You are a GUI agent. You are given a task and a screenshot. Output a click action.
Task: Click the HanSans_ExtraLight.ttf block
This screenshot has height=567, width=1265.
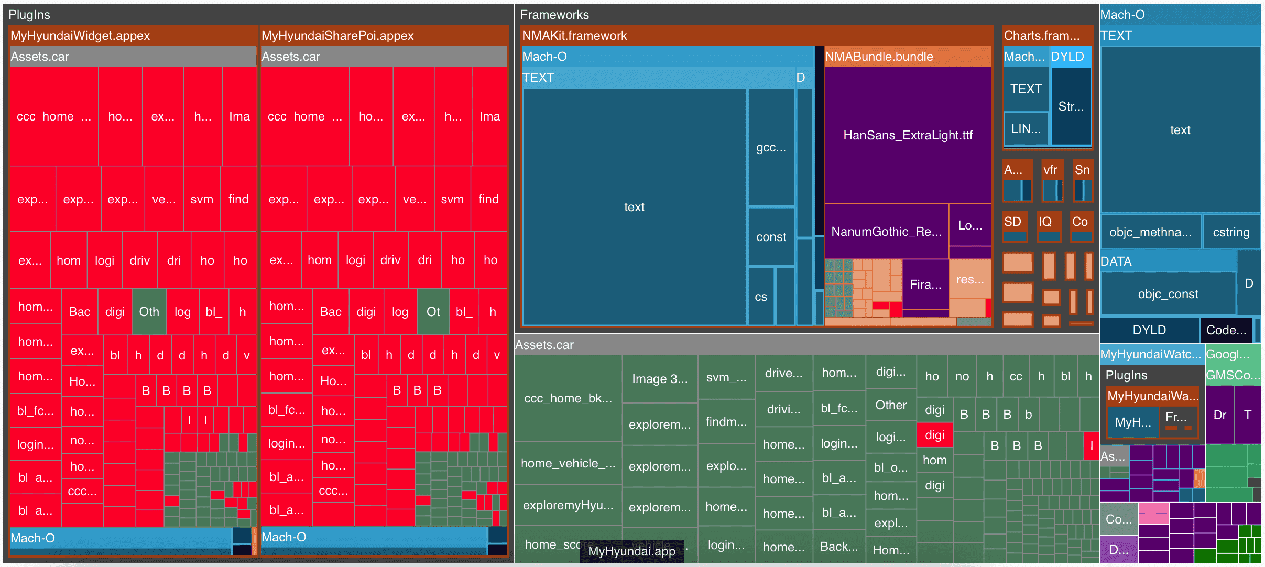[x=908, y=135]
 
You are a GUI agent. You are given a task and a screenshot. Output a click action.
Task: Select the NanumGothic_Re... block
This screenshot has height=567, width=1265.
[x=886, y=232]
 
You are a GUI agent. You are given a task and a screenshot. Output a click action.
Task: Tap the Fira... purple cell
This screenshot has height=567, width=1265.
[x=925, y=285]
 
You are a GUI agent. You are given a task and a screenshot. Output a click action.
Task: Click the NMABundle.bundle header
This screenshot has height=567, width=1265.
[x=908, y=57]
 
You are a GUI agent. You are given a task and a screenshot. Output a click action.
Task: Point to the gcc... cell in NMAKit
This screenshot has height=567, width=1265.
[x=771, y=148]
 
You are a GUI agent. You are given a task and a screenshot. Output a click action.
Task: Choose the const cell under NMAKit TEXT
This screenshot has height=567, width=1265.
[x=771, y=237]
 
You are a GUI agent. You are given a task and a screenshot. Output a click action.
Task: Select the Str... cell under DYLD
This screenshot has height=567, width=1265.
[x=1071, y=106]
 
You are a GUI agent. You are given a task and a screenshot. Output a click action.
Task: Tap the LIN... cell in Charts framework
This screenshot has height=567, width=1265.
[x=1026, y=129]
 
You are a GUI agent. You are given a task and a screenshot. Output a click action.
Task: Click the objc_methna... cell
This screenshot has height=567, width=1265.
[x=1150, y=232]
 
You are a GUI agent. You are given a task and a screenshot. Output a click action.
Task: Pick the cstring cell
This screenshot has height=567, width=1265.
[x=1231, y=232]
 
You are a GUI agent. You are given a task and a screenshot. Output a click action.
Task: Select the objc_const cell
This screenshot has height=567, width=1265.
[x=1168, y=294]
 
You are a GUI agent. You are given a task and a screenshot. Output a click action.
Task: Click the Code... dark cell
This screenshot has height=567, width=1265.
[x=1226, y=330]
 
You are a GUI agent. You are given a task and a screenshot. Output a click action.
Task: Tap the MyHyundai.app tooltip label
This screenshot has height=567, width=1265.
[x=631, y=551]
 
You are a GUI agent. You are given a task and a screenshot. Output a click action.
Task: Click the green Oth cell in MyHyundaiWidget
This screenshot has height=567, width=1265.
[x=149, y=312]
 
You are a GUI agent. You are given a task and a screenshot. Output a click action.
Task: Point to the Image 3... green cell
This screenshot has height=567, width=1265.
[x=660, y=379]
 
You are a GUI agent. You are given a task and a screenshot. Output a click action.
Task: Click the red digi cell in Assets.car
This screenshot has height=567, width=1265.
[x=934, y=435]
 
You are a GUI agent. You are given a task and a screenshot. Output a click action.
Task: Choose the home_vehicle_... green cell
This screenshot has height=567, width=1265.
[x=568, y=463]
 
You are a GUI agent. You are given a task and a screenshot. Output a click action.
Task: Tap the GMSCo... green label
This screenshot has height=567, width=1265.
[x=1233, y=375]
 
